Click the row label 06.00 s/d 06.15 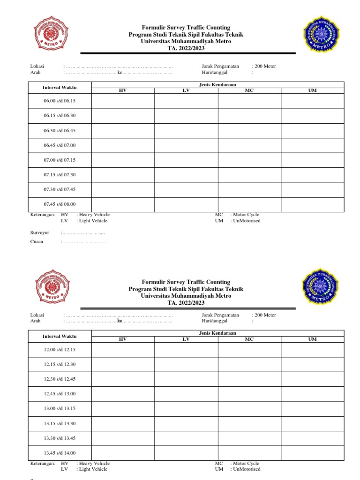(x=60, y=101)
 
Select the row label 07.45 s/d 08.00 (x=60, y=204)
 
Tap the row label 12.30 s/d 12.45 (x=60, y=379)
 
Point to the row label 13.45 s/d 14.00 (x=60, y=453)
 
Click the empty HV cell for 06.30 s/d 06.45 (x=123, y=130)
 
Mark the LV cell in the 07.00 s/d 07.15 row (x=186, y=160)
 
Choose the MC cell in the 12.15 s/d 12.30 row (x=249, y=364)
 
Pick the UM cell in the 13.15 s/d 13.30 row (x=312, y=423)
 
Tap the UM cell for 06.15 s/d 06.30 (x=312, y=115)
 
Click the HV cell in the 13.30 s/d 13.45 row (x=123, y=438)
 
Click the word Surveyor (x=40, y=232)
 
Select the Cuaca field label (x=37, y=242)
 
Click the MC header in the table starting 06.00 (x=249, y=90)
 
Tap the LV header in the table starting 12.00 (x=186, y=339)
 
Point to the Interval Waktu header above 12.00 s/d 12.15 (x=60, y=336)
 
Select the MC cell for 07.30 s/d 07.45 (x=249, y=189)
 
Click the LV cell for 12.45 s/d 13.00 (x=186, y=394)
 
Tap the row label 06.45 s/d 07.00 (x=60, y=145)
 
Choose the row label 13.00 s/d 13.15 (x=60, y=408)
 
